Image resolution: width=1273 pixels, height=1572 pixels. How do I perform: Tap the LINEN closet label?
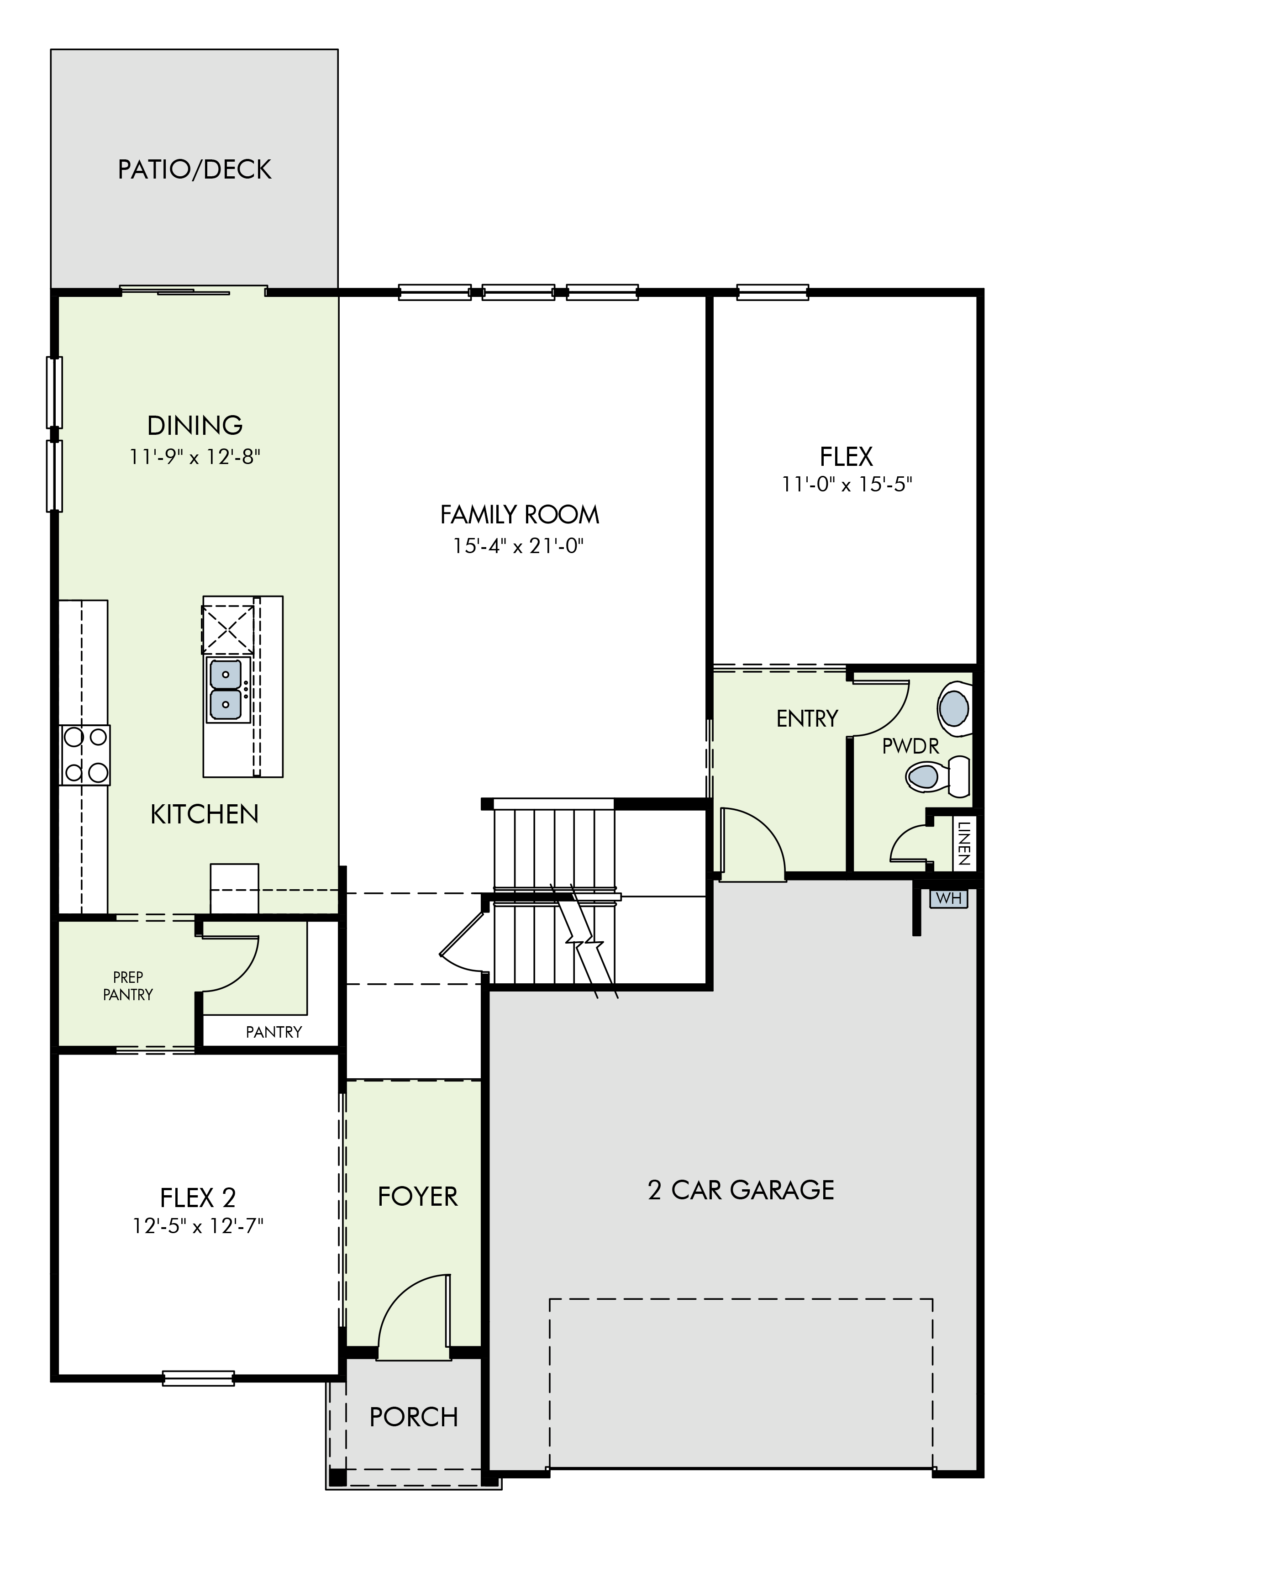[964, 844]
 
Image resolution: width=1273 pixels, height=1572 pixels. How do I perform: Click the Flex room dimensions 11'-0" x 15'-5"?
[847, 484]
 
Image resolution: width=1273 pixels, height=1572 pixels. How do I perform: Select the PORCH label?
[414, 1417]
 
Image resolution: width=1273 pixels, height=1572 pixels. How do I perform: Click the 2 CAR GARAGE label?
[741, 1190]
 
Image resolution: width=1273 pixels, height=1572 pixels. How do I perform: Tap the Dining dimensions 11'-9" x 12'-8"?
[195, 457]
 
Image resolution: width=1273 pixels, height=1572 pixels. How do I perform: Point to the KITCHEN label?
[205, 814]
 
